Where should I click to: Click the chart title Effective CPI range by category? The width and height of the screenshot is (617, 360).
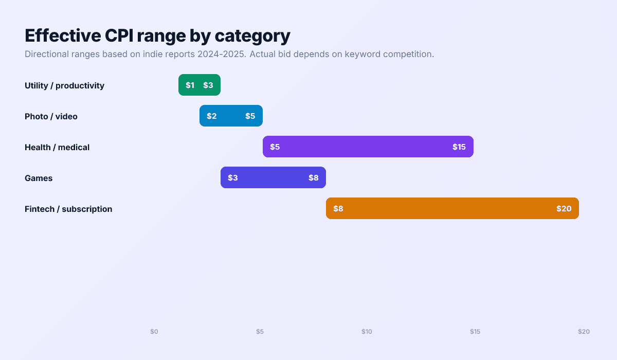click(x=157, y=35)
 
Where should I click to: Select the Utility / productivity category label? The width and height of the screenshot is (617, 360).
click(x=64, y=85)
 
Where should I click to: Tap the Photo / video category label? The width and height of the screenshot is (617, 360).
click(x=51, y=116)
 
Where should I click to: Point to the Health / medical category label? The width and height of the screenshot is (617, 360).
click(x=57, y=147)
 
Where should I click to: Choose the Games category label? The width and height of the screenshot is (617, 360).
click(x=39, y=178)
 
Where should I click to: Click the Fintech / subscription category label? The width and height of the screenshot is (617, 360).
click(x=68, y=209)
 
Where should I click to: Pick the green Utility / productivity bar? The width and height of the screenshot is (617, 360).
click(x=199, y=85)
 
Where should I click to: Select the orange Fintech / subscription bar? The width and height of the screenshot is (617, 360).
click(x=452, y=208)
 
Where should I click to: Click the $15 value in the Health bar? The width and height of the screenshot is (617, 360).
click(x=459, y=147)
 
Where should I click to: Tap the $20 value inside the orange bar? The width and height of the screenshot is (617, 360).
click(x=564, y=209)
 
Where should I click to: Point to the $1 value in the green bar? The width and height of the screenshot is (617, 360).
click(x=190, y=85)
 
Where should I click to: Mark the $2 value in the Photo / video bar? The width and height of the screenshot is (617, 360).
click(x=211, y=116)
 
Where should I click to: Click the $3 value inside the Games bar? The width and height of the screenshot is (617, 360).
click(x=232, y=178)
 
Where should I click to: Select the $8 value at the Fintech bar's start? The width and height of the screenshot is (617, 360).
click(x=338, y=209)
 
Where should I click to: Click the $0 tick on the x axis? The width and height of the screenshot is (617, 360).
click(x=154, y=332)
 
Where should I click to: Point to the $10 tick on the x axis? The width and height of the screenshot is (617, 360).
click(x=367, y=332)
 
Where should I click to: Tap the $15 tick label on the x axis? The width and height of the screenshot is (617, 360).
click(x=475, y=332)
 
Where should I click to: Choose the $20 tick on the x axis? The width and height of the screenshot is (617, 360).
click(x=584, y=332)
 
